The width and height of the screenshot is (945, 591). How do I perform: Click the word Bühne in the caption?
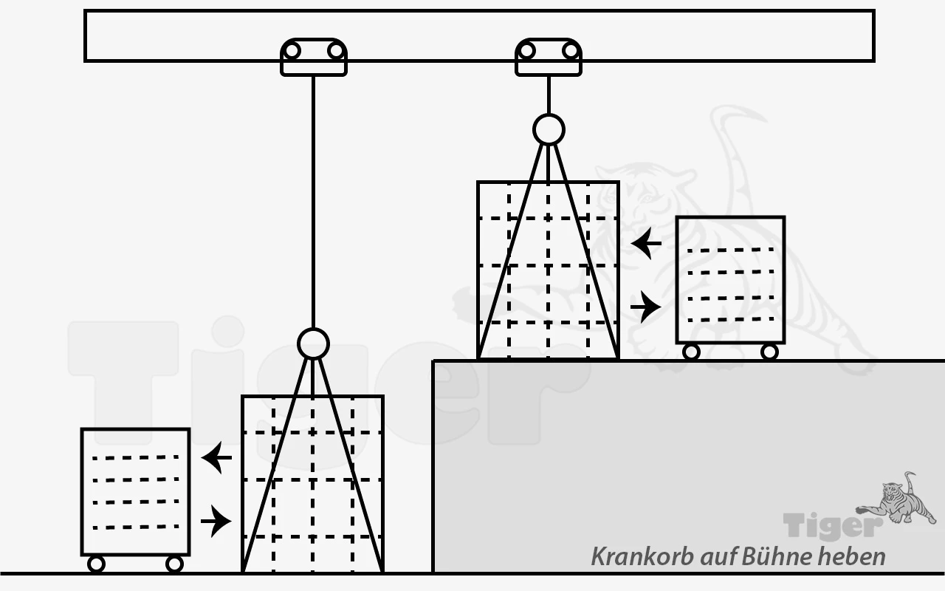(x=777, y=556)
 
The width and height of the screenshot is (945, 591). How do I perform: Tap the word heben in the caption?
(x=851, y=556)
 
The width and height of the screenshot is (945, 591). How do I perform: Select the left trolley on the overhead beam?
(x=314, y=57)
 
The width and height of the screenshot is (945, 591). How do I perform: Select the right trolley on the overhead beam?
(x=549, y=57)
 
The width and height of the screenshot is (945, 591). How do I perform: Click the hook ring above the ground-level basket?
(x=313, y=344)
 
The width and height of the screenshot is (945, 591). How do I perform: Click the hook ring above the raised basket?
(x=549, y=129)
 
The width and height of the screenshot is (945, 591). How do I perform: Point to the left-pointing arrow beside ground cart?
(x=217, y=457)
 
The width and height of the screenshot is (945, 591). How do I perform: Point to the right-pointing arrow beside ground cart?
(x=216, y=522)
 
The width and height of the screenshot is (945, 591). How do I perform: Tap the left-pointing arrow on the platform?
(x=646, y=244)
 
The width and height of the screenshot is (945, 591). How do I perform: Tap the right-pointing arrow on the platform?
(x=646, y=307)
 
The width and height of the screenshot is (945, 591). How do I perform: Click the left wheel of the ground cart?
(x=96, y=564)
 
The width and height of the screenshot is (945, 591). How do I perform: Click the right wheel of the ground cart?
(x=174, y=564)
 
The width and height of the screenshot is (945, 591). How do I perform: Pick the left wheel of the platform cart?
(x=691, y=352)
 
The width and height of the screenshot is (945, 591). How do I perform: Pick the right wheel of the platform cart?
(x=769, y=352)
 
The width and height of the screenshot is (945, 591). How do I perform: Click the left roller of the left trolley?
(x=292, y=51)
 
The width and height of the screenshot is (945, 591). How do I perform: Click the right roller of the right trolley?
(x=571, y=51)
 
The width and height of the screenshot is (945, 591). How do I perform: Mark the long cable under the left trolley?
(x=313, y=202)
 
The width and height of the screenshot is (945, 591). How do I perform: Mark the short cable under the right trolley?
(x=549, y=95)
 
